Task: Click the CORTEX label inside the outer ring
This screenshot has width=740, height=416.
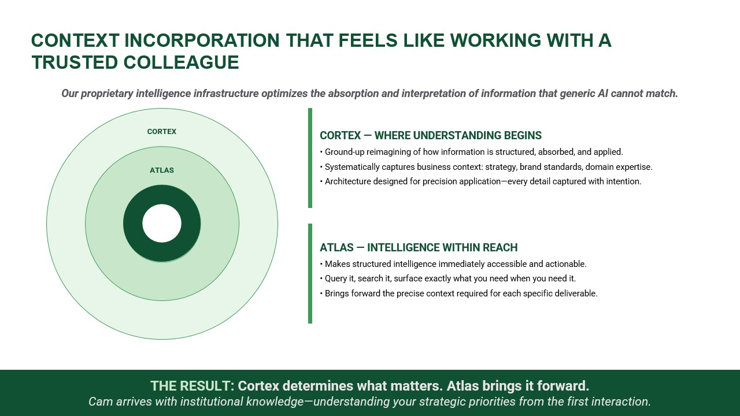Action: click(x=162, y=132)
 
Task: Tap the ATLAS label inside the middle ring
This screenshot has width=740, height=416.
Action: click(x=162, y=170)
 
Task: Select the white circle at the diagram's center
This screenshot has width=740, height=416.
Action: click(x=162, y=223)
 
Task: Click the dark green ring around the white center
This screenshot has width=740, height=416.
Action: click(x=133, y=224)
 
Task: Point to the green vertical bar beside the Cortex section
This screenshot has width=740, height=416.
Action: click(x=310, y=158)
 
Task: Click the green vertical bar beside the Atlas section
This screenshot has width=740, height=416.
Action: click(x=310, y=273)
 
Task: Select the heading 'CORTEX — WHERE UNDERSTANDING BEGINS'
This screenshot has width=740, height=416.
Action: click(x=431, y=136)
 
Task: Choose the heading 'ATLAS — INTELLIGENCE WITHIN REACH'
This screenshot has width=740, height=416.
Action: click(x=419, y=248)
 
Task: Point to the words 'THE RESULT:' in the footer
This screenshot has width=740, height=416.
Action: click(x=192, y=386)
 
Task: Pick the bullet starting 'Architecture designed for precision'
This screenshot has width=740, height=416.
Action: click(x=480, y=181)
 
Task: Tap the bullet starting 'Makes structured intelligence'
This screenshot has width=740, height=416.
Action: click(x=453, y=264)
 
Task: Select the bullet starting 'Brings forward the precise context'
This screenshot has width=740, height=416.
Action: click(x=458, y=294)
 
